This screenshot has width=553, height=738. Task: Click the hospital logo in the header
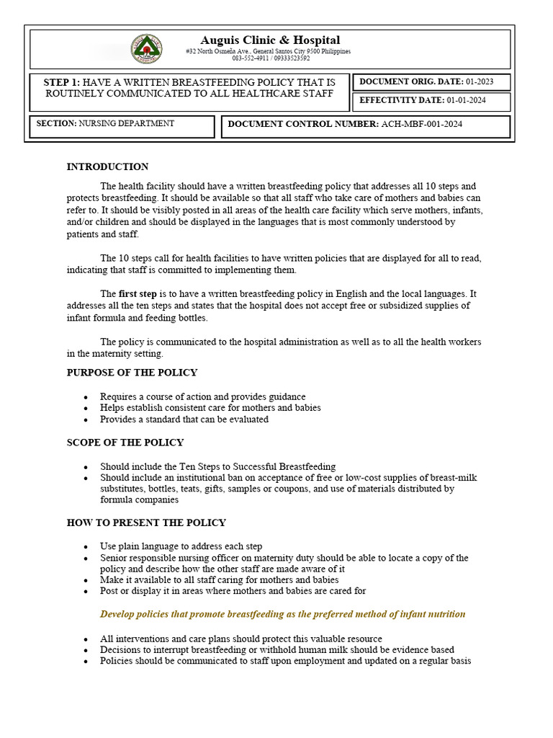click(146, 49)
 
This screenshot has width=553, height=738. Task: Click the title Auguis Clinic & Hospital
click(270, 40)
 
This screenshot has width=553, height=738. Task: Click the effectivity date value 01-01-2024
click(466, 101)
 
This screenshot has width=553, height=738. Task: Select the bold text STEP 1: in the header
click(62, 83)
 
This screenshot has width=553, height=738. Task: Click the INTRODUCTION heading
click(107, 167)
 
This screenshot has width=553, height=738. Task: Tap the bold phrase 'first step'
click(138, 294)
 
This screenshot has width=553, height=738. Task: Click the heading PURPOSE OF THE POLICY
click(132, 373)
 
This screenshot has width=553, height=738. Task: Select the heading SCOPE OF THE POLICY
click(125, 443)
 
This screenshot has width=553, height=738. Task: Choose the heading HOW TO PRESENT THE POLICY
click(146, 523)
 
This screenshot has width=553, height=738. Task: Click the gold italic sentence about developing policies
click(282, 615)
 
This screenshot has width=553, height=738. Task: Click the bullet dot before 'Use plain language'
click(86, 547)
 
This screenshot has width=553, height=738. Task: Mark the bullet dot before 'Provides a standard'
click(86, 419)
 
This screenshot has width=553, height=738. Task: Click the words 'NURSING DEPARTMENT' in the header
click(127, 124)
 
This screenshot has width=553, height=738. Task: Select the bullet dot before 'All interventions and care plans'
click(86, 639)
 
